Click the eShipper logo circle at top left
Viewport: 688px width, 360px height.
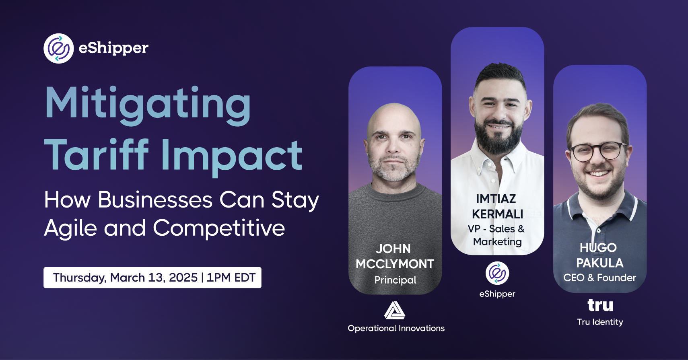click(x=58, y=49)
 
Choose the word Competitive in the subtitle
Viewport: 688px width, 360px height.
click(x=219, y=228)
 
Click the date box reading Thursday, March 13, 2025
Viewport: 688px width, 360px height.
click(x=152, y=278)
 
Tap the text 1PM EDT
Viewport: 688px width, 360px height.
click(x=231, y=278)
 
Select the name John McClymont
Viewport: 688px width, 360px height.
click(x=395, y=257)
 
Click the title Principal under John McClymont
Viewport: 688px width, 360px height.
click(x=395, y=280)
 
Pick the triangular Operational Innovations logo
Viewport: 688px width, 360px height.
click(x=395, y=311)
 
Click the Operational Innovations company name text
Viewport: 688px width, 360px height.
click(x=396, y=328)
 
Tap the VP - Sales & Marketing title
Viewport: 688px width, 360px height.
click(x=497, y=235)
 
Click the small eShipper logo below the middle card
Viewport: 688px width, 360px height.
click(x=497, y=273)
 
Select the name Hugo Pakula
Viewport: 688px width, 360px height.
click(x=599, y=255)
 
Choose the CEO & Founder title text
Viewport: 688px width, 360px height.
click(x=599, y=278)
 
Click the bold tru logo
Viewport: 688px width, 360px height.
click(x=600, y=306)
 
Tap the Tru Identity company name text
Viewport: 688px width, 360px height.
click(x=600, y=322)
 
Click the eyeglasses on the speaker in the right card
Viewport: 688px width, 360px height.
click(x=598, y=152)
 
